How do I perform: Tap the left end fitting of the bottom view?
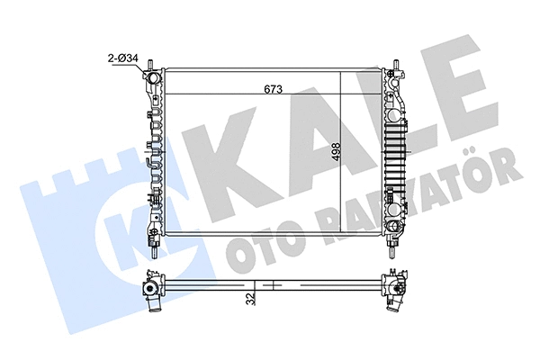[149, 289]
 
